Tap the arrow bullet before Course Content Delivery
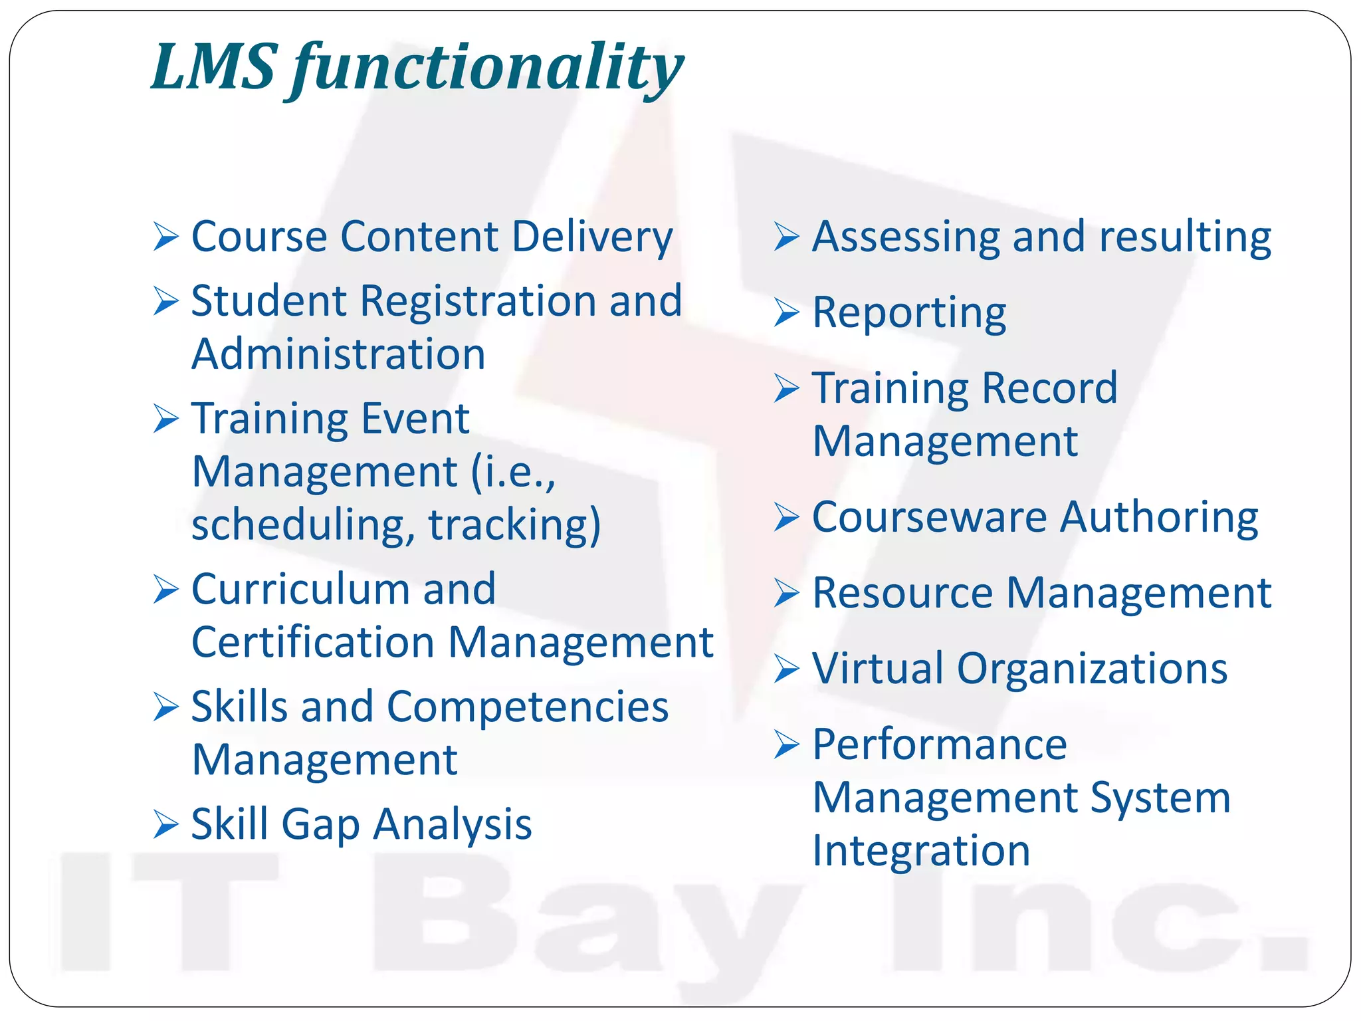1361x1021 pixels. pos(165,237)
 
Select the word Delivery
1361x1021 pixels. pos(592,237)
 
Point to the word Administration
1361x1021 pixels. pos(338,354)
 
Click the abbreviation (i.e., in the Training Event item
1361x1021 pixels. pos(513,473)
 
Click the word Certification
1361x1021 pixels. pos(313,643)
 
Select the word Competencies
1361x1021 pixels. pos(528,707)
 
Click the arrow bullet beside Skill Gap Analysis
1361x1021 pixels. pos(165,825)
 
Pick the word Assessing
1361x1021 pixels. pos(906,237)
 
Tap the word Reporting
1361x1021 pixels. pos(909,313)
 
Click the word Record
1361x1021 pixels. pos(1049,388)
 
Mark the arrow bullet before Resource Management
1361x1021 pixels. pos(786,593)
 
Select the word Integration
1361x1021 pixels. pos(921,851)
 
